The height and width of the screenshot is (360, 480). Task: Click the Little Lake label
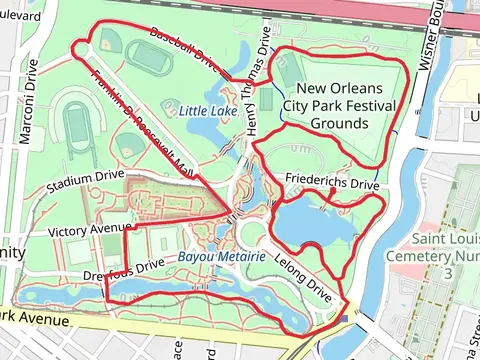tap(208, 111)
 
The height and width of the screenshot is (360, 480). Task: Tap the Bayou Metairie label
tap(221, 257)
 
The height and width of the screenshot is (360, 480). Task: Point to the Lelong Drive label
tap(307, 277)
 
